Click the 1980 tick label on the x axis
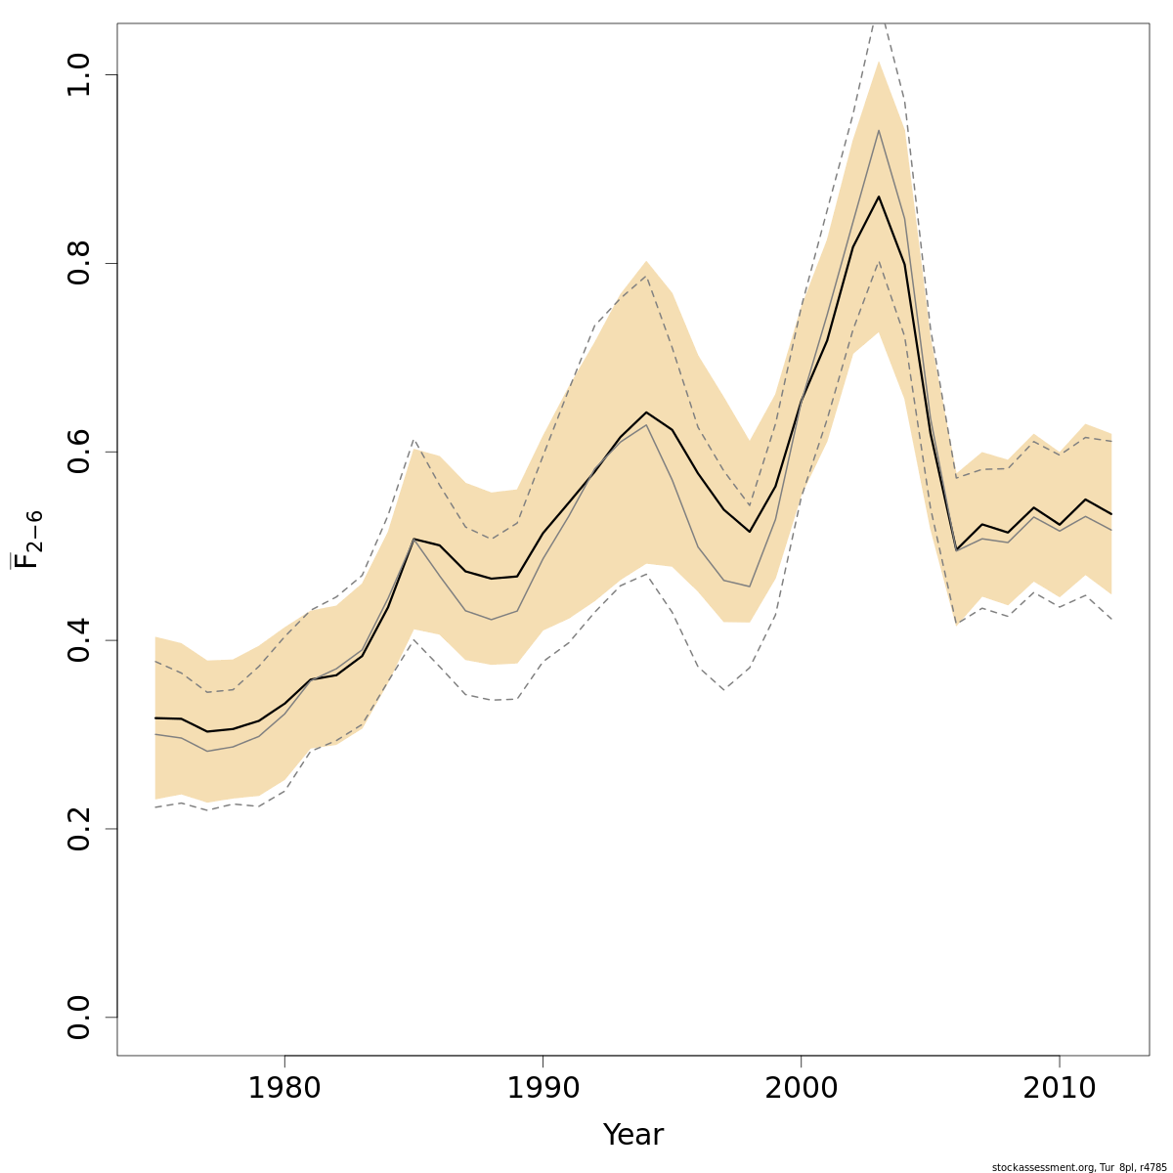click(284, 1088)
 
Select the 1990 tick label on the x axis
click(543, 1088)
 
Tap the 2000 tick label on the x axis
click(802, 1088)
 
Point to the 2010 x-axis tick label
click(1060, 1088)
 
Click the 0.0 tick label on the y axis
click(79, 1017)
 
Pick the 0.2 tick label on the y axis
click(79, 828)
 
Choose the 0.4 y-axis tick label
click(79, 640)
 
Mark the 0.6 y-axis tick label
click(79, 452)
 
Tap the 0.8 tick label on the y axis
click(79, 264)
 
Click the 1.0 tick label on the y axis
click(79, 75)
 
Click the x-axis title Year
click(632, 1135)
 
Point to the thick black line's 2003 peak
click(879, 196)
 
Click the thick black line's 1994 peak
click(646, 413)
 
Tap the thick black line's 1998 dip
click(750, 531)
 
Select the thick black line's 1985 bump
click(413, 539)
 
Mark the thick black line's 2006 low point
click(956, 550)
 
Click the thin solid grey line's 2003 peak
click(879, 130)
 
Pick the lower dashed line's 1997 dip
click(723, 690)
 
